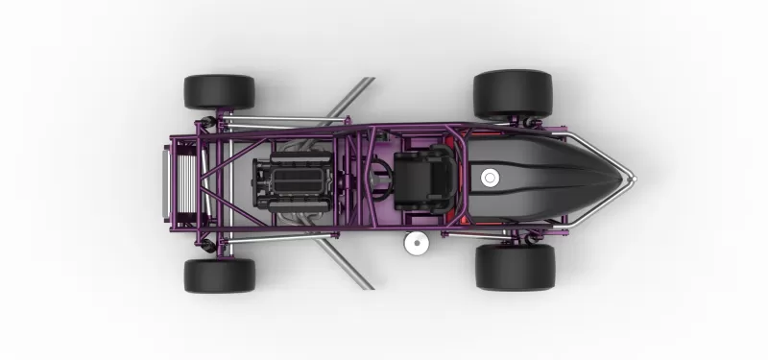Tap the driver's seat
coord(422,178)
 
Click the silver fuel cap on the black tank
coord(490,177)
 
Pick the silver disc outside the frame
coord(416,243)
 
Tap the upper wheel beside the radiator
coord(219,92)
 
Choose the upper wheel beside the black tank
coord(513,93)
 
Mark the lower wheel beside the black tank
coord(515,266)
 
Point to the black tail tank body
coord(547,178)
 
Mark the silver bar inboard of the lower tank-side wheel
coord(499,232)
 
